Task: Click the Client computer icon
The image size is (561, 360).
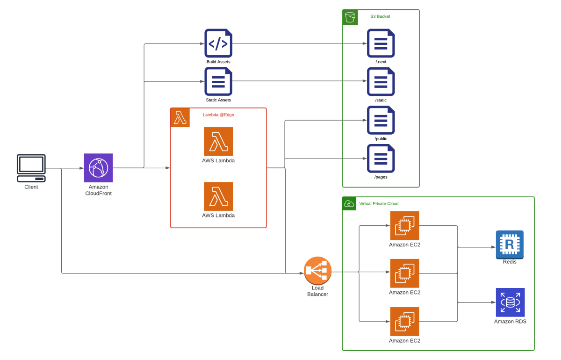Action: click(x=31, y=168)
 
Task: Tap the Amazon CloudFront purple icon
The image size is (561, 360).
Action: click(x=98, y=168)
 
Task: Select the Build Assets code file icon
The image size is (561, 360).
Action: click(x=218, y=43)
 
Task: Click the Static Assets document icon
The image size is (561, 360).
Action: click(x=218, y=81)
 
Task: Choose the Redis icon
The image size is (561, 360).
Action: click(x=510, y=244)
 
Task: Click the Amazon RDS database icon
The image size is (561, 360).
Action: click(x=510, y=302)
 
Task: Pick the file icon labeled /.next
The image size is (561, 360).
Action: click(x=381, y=43)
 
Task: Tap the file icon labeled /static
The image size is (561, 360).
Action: click(x=381, y=81)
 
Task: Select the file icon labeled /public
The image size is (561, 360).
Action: click(x=381, y=120)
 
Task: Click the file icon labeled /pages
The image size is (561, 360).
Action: click(x=381, y=158)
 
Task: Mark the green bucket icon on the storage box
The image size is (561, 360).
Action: click(x=350, y=18)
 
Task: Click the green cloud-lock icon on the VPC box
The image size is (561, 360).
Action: click(x=349, y=203)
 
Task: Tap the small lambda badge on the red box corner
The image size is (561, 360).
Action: click(x=180, y=118)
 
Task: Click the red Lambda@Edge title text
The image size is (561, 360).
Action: click(x=218, y=115)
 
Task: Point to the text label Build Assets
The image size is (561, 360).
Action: click(x=218, y=62)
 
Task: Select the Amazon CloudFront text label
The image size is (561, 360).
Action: click(x=98, y=190)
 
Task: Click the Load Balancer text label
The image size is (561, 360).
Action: click(x=317, y=291)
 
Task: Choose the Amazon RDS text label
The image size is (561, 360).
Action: click(x=510, y=322)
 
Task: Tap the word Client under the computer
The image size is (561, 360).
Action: click(x=31, y=187)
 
